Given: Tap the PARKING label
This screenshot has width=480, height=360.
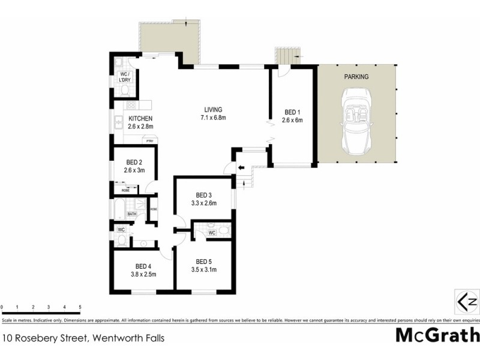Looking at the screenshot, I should click(356, 77).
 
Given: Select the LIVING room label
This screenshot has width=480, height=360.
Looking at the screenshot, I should click(213, 110).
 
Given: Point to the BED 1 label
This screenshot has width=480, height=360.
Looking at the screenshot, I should click(292, 112).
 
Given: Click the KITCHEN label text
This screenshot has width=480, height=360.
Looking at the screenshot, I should click(140, 119).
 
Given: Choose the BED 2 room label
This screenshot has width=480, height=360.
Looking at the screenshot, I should click(134, 162).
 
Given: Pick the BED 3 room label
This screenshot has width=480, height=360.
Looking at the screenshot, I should click(204, 195).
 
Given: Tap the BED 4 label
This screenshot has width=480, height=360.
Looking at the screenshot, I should click(143, 266).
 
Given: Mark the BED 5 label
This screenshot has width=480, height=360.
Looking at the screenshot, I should click(204, 262).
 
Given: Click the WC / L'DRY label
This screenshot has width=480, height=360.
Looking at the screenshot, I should click(125, 77).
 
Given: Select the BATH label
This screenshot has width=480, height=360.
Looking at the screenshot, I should click(131, 214).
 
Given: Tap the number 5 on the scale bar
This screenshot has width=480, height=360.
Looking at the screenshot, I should click(80, 306).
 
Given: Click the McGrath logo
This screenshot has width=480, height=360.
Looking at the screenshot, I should click(437, 335).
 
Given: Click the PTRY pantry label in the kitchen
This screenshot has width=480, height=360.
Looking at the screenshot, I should click(148, 140).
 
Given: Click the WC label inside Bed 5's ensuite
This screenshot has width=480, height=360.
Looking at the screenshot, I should click(211, 233).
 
